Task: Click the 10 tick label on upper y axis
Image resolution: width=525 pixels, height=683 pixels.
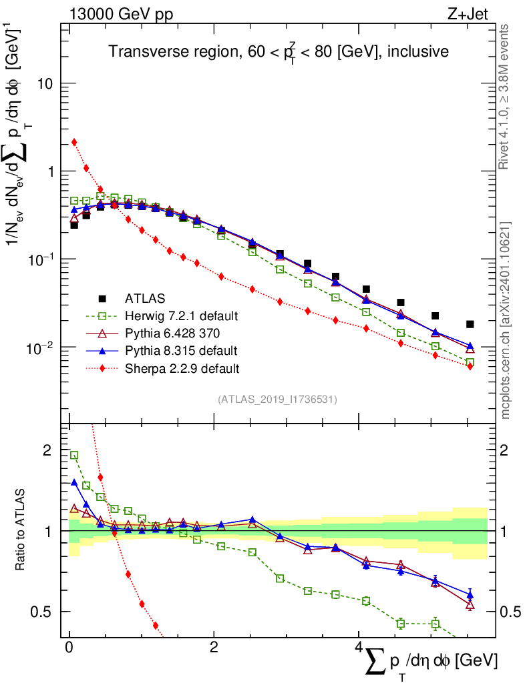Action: (x=46, y=83)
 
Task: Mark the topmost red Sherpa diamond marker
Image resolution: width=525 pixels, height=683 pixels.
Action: (x=74, y=142)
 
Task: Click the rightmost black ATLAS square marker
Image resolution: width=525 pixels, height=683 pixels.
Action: (x=470, y=324)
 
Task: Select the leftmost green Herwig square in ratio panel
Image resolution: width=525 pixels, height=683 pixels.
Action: (x=74, y=455)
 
